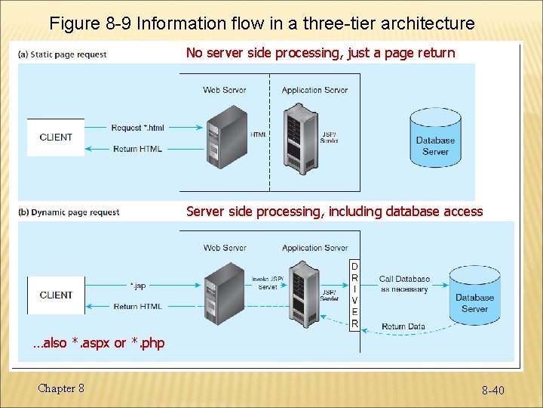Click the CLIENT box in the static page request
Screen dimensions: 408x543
click(x=56, y=138)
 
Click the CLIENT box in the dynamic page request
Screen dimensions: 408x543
click(x=56, y=295)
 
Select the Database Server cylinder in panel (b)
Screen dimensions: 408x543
click(x=474, y=295)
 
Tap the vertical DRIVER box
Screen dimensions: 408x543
click(x=354, y=295)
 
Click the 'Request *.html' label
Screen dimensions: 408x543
click(x=137, y=128)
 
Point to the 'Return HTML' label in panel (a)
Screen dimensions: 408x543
click(x=137, y=149)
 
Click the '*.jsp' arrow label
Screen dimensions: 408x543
click(x=138, y=286)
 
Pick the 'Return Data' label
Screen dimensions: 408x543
click(x=403, y=326)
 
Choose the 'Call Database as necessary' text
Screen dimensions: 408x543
click(x=404, y=284)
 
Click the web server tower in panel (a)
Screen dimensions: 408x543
click(x=225, y=136)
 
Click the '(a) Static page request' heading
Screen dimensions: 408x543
click(x=63, y=54)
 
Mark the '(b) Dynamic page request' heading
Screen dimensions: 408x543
click(x=69, y=212)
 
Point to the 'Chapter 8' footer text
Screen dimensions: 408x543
click(x=61, y=388)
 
